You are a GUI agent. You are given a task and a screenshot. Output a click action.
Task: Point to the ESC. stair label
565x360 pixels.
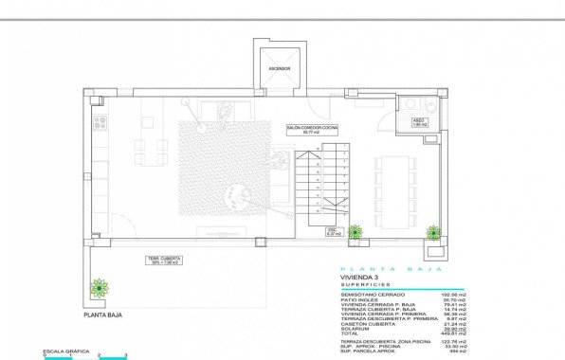click(x=332, y=231)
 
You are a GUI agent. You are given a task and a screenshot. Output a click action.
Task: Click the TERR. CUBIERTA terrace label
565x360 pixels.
click(x=163, y=260)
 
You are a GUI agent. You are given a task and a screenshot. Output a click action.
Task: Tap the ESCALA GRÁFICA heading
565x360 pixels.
click(x=65, y=351)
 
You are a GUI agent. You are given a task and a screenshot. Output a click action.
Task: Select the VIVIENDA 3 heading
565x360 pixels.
click(x=359, y=278)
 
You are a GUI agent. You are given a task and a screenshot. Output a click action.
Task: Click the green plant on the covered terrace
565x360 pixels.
click(x=99, y=287)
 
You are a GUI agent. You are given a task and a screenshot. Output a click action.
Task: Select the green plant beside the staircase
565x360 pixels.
click(x=355, y=231)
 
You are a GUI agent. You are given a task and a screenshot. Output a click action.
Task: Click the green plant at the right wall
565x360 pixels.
click(x=433, y=232)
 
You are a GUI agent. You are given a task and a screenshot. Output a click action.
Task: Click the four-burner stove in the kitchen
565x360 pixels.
click(x=100, y=120)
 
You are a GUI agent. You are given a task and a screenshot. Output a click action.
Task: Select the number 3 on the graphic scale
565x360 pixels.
click(x=126, y=352)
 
